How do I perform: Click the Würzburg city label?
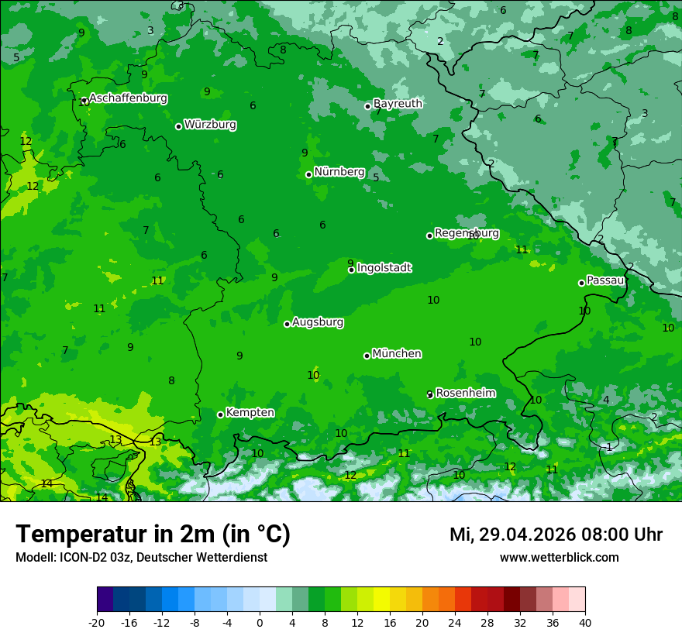pos(210,125)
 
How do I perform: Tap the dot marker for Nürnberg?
pos(308,174)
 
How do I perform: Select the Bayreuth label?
pos(398,104)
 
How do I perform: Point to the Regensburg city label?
pos(467,233)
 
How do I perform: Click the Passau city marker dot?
pos(581,283)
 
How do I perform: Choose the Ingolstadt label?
pos(384,268)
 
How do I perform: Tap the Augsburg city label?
pos(318,322)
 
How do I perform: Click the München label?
pos(397,354)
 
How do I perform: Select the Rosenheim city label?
pos(465,394)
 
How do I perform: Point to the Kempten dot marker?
pos(220,414)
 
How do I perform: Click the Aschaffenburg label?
pos(128,98)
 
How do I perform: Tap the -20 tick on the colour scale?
pos(97,623)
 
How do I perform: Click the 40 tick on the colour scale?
pos(585,623)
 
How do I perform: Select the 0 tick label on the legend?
pos(260,623)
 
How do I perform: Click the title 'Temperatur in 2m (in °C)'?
pos(153,535)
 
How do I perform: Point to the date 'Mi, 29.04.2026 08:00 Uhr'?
pos(556,535)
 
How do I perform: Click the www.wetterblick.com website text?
pos(559,558)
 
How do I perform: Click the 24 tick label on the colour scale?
pos(455,623)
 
